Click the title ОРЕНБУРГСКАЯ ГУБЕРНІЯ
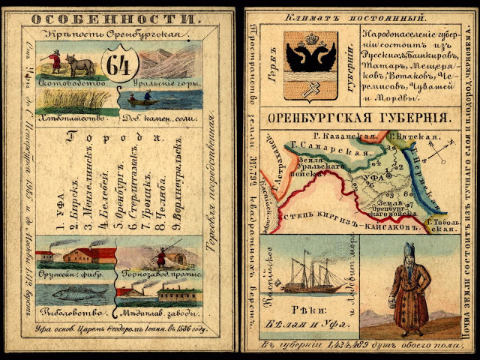(360, 118)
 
